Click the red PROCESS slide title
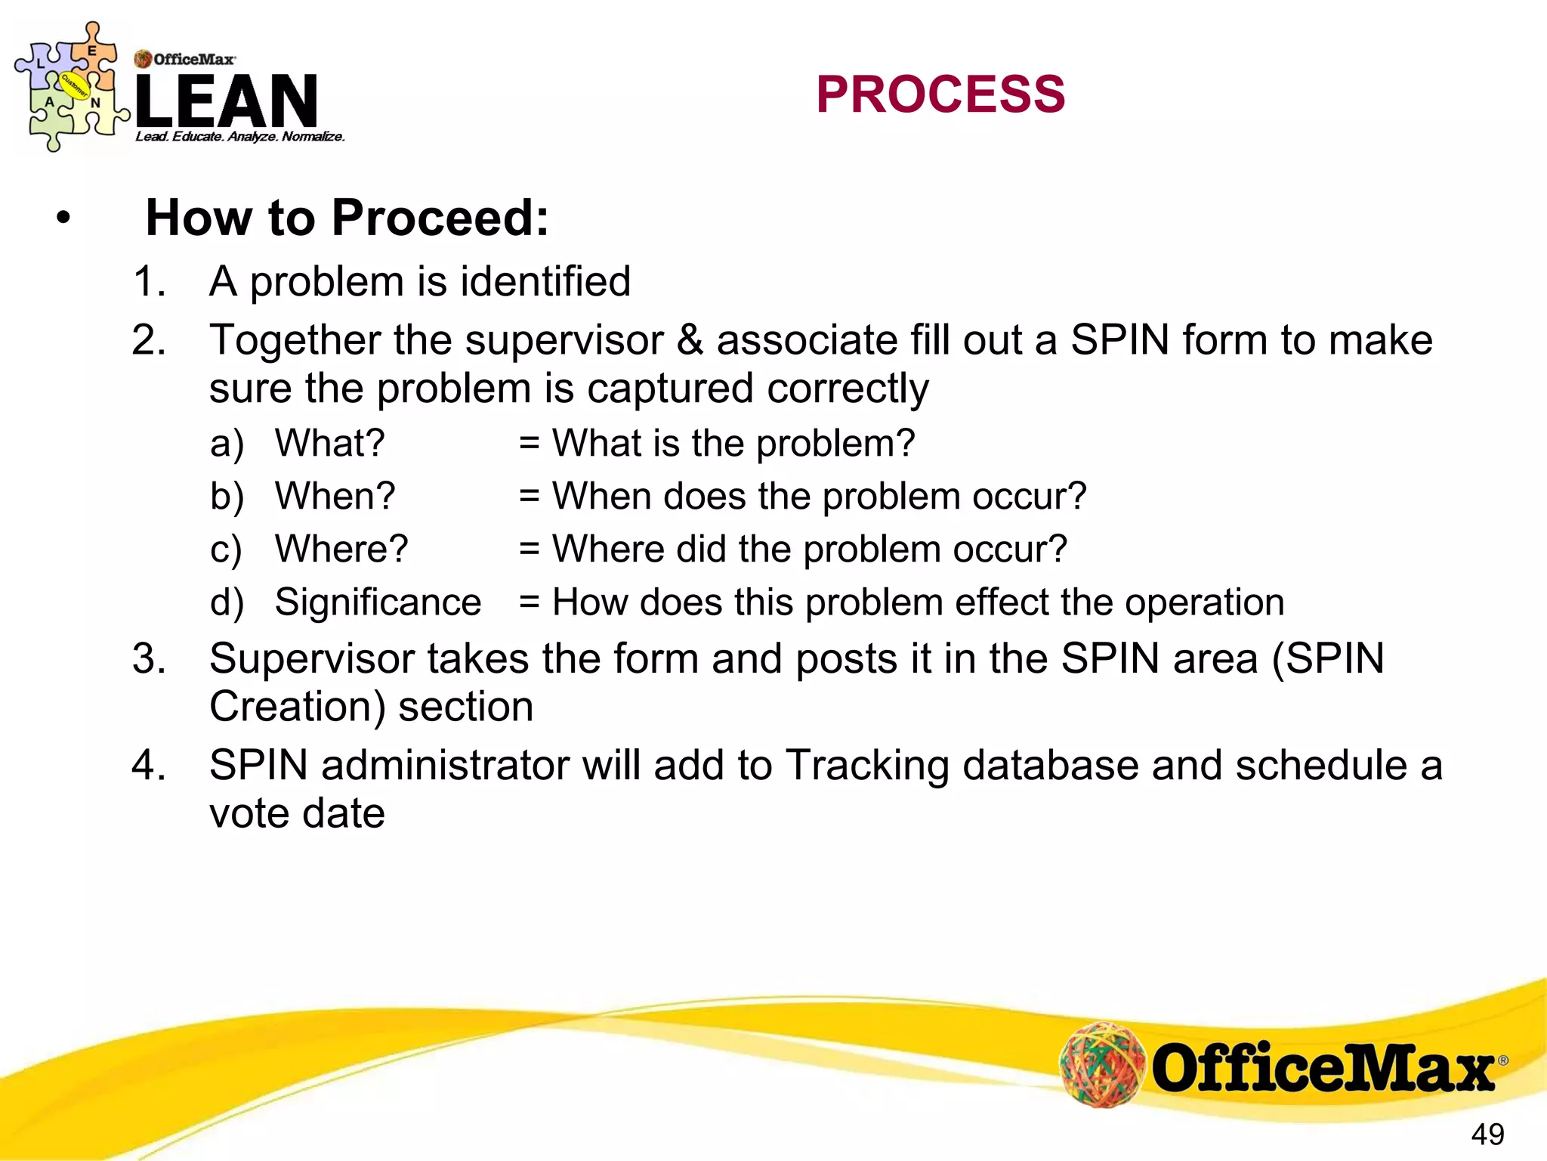940,95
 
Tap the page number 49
1487,1135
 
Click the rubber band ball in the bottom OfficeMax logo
1102,1065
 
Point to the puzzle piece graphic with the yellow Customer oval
72,86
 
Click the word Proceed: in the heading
440,218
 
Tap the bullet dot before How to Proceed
63,218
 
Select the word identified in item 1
545,281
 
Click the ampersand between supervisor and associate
690,339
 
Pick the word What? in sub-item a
329,443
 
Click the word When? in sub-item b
335,497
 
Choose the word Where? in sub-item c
341,549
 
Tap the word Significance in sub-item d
378,602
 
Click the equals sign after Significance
529,602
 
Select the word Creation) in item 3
297,707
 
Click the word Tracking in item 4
866,765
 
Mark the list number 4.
148,765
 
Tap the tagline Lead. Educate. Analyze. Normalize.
240,137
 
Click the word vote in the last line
249,813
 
